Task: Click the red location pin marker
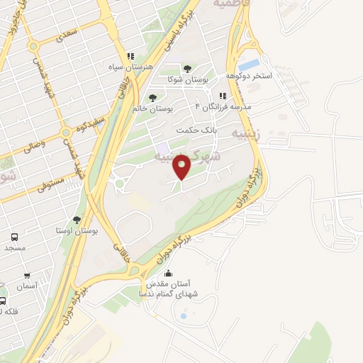(182, 168)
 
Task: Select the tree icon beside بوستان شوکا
(187, 69)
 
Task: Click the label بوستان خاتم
(152, 108)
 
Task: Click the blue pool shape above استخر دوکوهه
(250, 65)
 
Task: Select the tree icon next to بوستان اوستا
(77, 220)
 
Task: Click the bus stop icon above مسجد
(15, 237)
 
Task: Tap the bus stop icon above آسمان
(27, 276)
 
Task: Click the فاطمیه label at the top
(235, 4)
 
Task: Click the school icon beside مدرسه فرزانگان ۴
(223, 96)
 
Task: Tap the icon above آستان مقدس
(168, 273)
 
